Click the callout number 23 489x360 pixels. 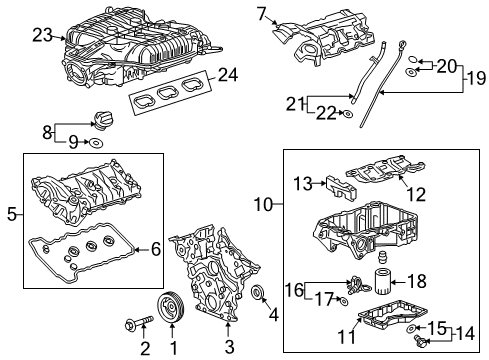(41, 35)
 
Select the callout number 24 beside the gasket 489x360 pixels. (228, 76)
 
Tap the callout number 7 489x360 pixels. (263, 13)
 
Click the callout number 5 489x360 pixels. (12, 213)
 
